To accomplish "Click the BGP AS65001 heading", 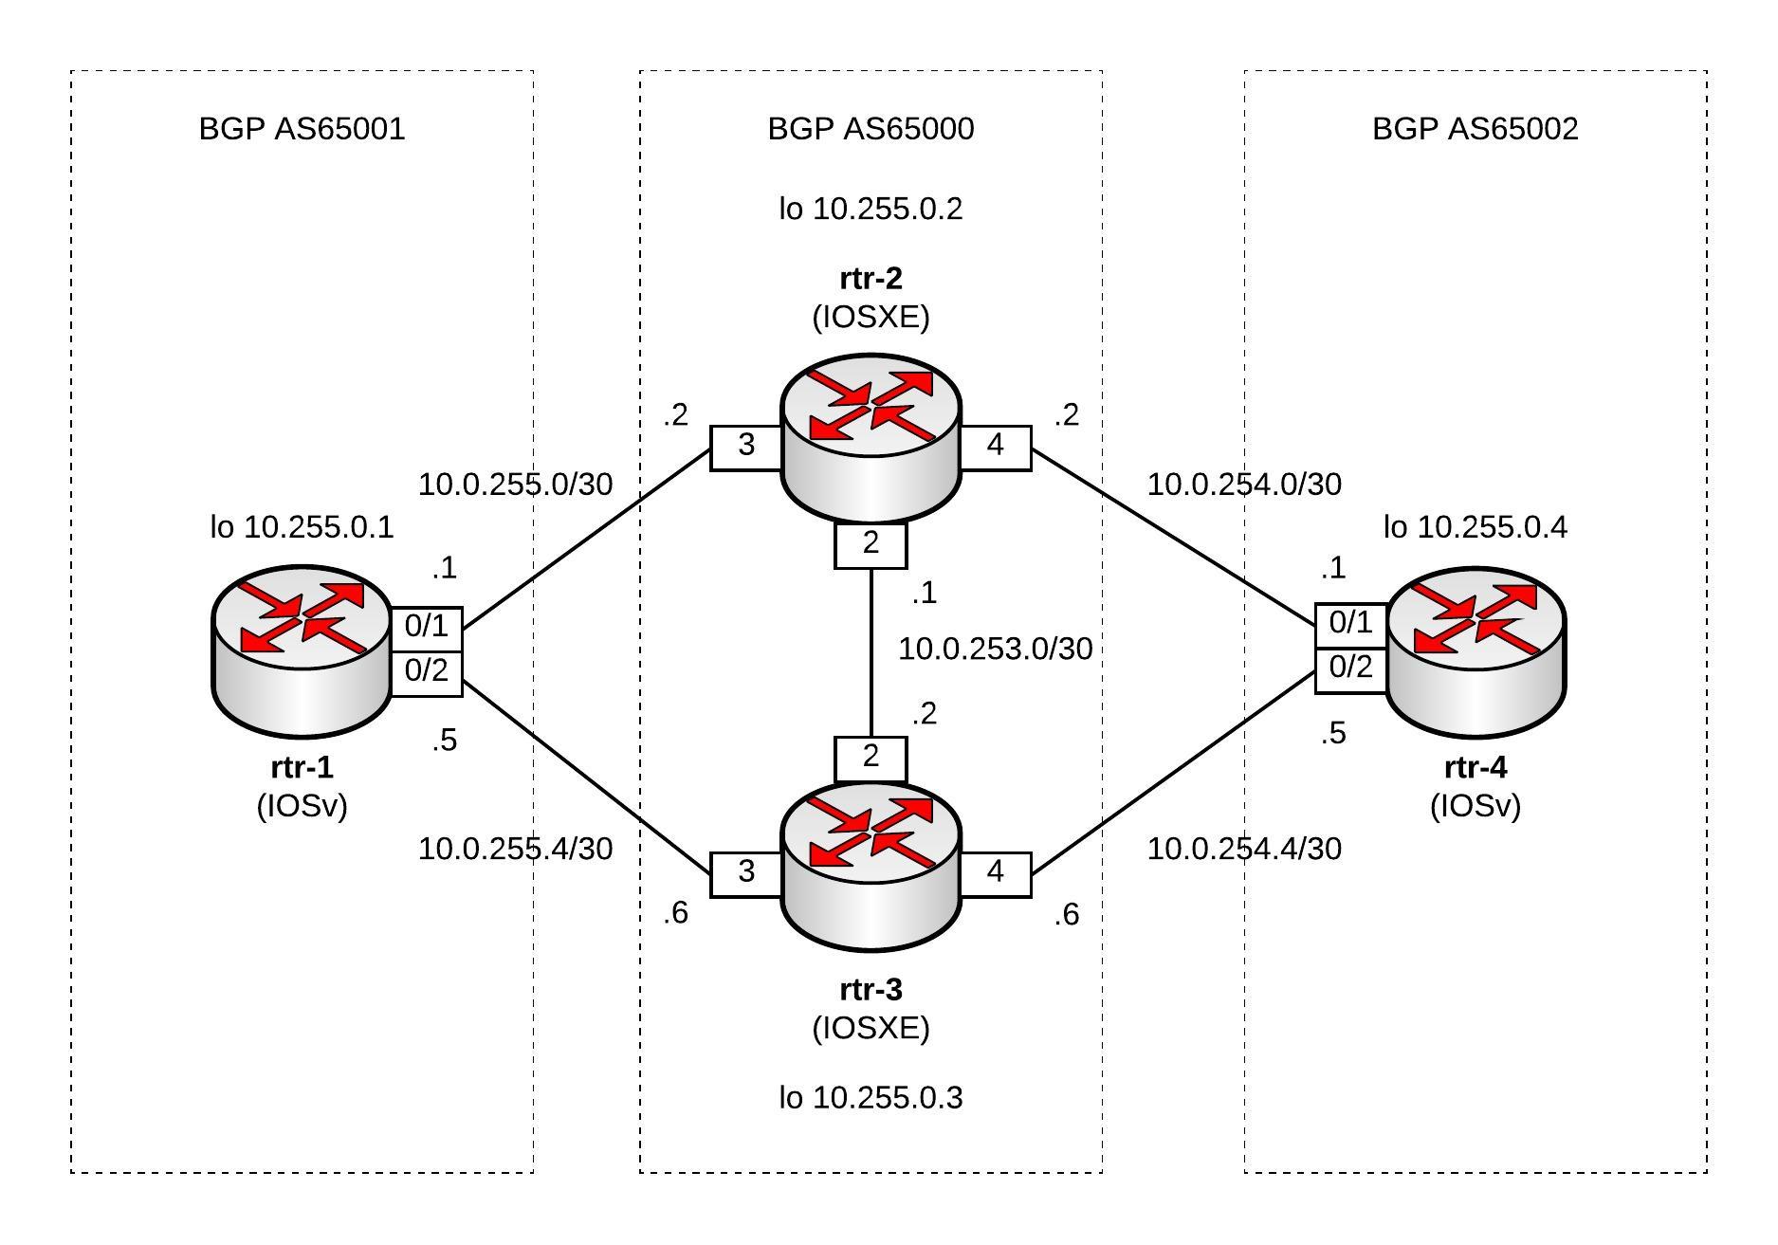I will pos(302,129).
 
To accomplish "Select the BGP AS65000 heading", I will pos(871,129).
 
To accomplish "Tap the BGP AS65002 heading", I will pos(1476,129).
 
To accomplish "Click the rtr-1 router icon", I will pos(302,650).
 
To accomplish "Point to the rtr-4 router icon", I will pos(1476,650).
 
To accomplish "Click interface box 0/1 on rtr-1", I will pos(426,627).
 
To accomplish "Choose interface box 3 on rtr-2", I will pos(746,446).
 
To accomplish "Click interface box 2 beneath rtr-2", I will pos(871,545).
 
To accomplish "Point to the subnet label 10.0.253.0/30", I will pos(995,650).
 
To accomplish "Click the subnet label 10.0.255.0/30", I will pos(515,485).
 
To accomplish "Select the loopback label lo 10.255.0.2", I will pos(871,209).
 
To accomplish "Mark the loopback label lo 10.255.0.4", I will pos(1476,527).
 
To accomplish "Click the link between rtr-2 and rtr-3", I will pos(871,654).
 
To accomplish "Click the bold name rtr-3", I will pos(871,990).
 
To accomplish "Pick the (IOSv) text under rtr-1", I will pos(302,806).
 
